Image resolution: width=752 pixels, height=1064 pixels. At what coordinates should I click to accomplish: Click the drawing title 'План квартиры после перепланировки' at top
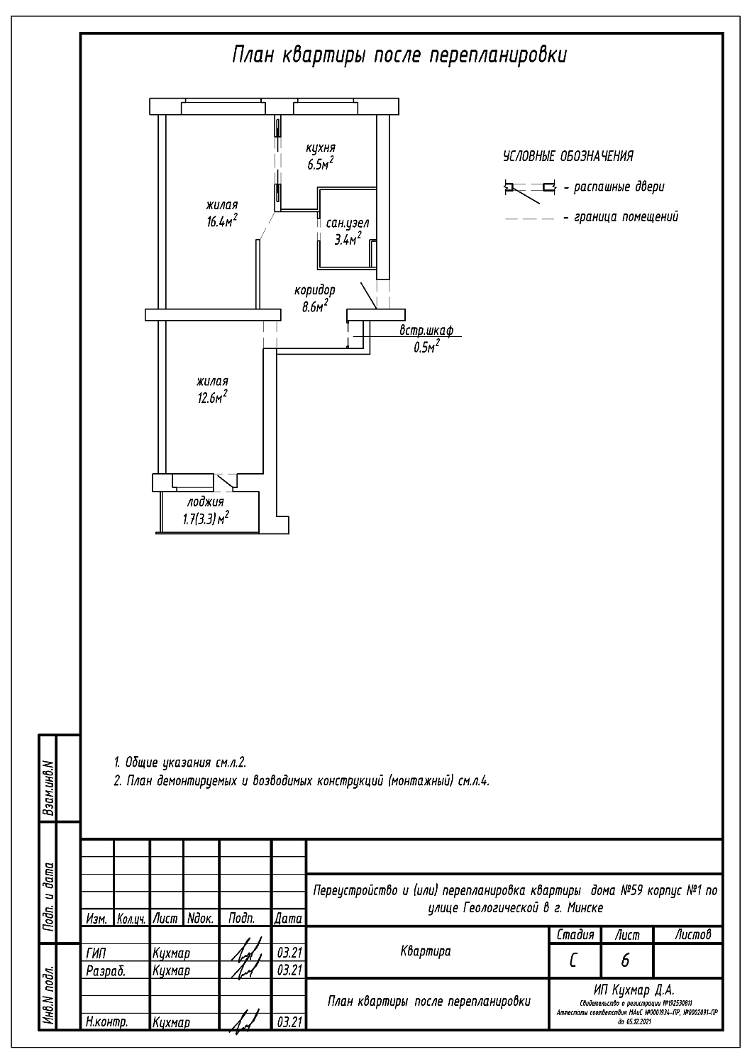coord(399,56)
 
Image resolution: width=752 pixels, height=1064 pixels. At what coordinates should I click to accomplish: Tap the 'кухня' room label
coord(320,148)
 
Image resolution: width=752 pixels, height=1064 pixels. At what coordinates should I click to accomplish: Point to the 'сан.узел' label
coord(348,223)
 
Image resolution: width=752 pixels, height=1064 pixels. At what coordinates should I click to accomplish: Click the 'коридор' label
coord(314,290)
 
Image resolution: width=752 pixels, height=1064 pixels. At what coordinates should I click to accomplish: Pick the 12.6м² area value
coord(212,397)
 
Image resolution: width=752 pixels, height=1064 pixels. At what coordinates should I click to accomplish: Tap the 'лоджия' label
coord(205,502)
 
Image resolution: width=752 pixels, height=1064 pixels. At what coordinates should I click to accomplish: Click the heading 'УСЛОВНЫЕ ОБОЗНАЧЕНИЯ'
coord(568,156)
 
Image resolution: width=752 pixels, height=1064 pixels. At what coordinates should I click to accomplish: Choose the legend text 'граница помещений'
coord(625,217)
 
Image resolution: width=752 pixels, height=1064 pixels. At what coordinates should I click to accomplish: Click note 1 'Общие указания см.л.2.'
coord(179,763)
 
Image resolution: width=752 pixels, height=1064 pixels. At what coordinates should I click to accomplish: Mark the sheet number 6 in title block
coord(625,961)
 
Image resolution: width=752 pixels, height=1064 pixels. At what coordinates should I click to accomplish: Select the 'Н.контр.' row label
coord(106,1022)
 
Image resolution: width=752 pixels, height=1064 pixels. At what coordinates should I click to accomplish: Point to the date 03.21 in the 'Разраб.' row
coord(289,970)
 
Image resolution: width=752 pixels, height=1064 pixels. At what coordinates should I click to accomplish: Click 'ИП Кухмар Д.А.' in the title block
coord(636,990)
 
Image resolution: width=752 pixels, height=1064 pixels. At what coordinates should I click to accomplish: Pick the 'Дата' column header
coord(289,919)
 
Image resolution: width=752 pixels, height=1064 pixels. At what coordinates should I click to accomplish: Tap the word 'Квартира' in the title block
coord(425,951)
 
